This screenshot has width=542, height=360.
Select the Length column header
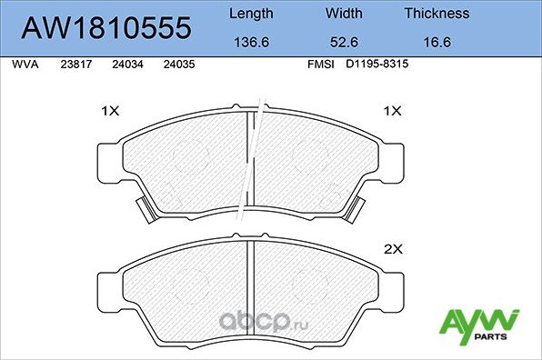[250, 14]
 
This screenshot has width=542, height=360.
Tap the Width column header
[343, 14]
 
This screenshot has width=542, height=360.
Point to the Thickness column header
[437, 14]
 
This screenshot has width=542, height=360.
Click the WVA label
[24, 65]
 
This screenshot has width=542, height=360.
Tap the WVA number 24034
[126, 65]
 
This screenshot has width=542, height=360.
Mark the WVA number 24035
[177, 65]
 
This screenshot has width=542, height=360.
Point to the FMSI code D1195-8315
[376, 65]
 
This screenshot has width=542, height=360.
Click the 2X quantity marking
[393, 247]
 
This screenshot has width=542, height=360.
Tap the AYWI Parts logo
[479, 324]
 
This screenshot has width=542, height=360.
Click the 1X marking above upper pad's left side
[110, 111]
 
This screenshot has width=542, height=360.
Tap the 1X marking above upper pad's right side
[393, 111]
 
